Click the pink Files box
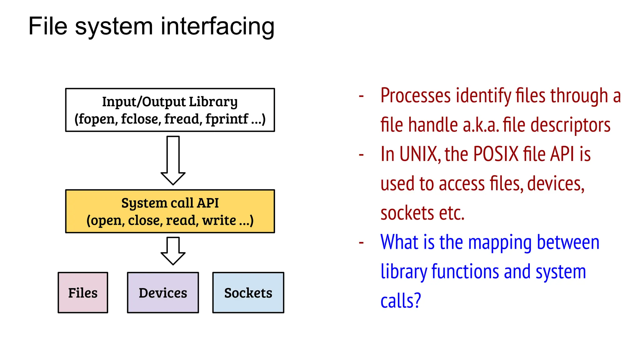(83, 292)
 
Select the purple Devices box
(163, 292)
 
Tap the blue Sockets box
(248, 292)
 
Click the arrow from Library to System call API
(173, 160)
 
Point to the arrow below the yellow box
(173, 251)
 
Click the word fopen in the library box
(96, 119)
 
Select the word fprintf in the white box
(227, 119)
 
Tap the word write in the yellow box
(219, 220)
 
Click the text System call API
(170, 203)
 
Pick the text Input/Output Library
(170, 102)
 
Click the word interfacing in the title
(217, 27)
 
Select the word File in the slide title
(47, 27)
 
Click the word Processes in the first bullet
(415, 96)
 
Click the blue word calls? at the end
(401, 301)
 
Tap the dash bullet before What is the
(361, 242)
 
